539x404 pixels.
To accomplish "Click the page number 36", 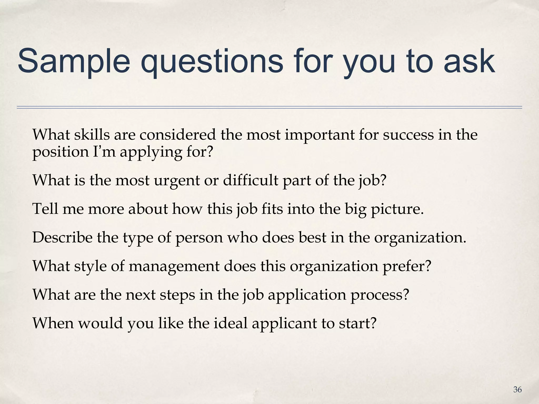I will (517, 390).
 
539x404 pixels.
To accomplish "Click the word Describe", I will (62, 238).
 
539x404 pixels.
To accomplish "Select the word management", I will (174, 266).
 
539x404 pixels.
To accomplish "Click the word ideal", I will (230, 323).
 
